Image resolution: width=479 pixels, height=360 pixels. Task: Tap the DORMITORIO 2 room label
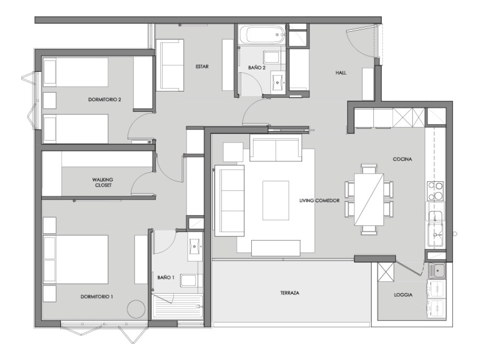pos(104,99)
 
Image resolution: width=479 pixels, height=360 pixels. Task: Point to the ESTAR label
pos(202,67)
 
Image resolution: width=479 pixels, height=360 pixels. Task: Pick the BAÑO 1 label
pos(166,278)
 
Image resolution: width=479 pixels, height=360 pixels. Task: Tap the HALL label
pos(341,73)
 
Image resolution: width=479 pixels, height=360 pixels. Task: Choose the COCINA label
pos(401,159)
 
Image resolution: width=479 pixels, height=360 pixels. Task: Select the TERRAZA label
pos(289,294)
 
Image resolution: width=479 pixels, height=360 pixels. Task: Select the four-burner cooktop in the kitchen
pos(435,190)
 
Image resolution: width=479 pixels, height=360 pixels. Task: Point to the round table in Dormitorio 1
pos(135,309)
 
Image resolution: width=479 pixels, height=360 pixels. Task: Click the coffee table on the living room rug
pos(275,200)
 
